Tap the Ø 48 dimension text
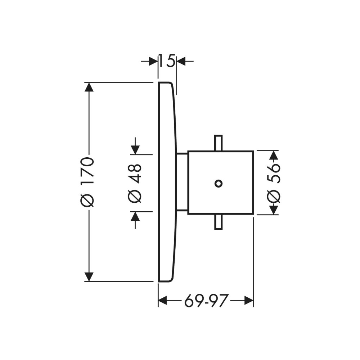coord(135,183)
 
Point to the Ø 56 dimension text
coord(274,183)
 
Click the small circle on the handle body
coord(218,183)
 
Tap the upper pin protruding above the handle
coord(218,143)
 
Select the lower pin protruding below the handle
coord(218,222)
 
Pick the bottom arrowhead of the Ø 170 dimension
coord(89,276)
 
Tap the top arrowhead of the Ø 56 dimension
coord(274,155)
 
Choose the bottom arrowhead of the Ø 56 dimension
coord(274,210)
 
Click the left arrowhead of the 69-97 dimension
coord(164,300)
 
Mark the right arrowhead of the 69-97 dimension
coord(249,300)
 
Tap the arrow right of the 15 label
coord(181,61)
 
